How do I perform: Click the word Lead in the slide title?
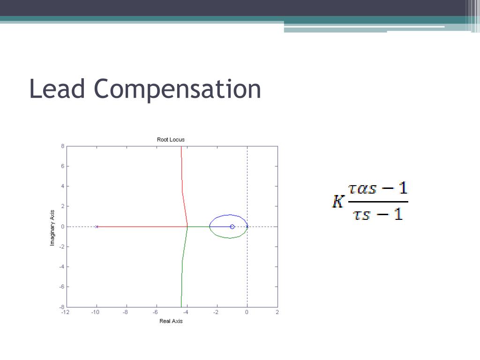coord(57,89)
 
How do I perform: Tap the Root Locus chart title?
coord(171,140)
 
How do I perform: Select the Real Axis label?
coord(171,321)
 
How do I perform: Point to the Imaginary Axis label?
coord(53,227)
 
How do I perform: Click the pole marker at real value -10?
coord(97,226)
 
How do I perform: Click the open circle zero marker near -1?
coord(232,226)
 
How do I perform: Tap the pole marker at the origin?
coord(247,226)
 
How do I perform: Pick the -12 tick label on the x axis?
coord(66,312)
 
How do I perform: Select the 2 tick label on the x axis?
coord(277,312)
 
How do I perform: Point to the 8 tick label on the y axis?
coord(62,146)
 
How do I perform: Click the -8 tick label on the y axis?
coord(61,307)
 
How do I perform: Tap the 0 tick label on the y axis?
coord(62,226)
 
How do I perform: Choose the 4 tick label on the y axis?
coord(62,187)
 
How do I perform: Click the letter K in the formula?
coord(337,202)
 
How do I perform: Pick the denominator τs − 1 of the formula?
coord(378,214)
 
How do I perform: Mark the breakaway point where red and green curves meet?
coord(187,226)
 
